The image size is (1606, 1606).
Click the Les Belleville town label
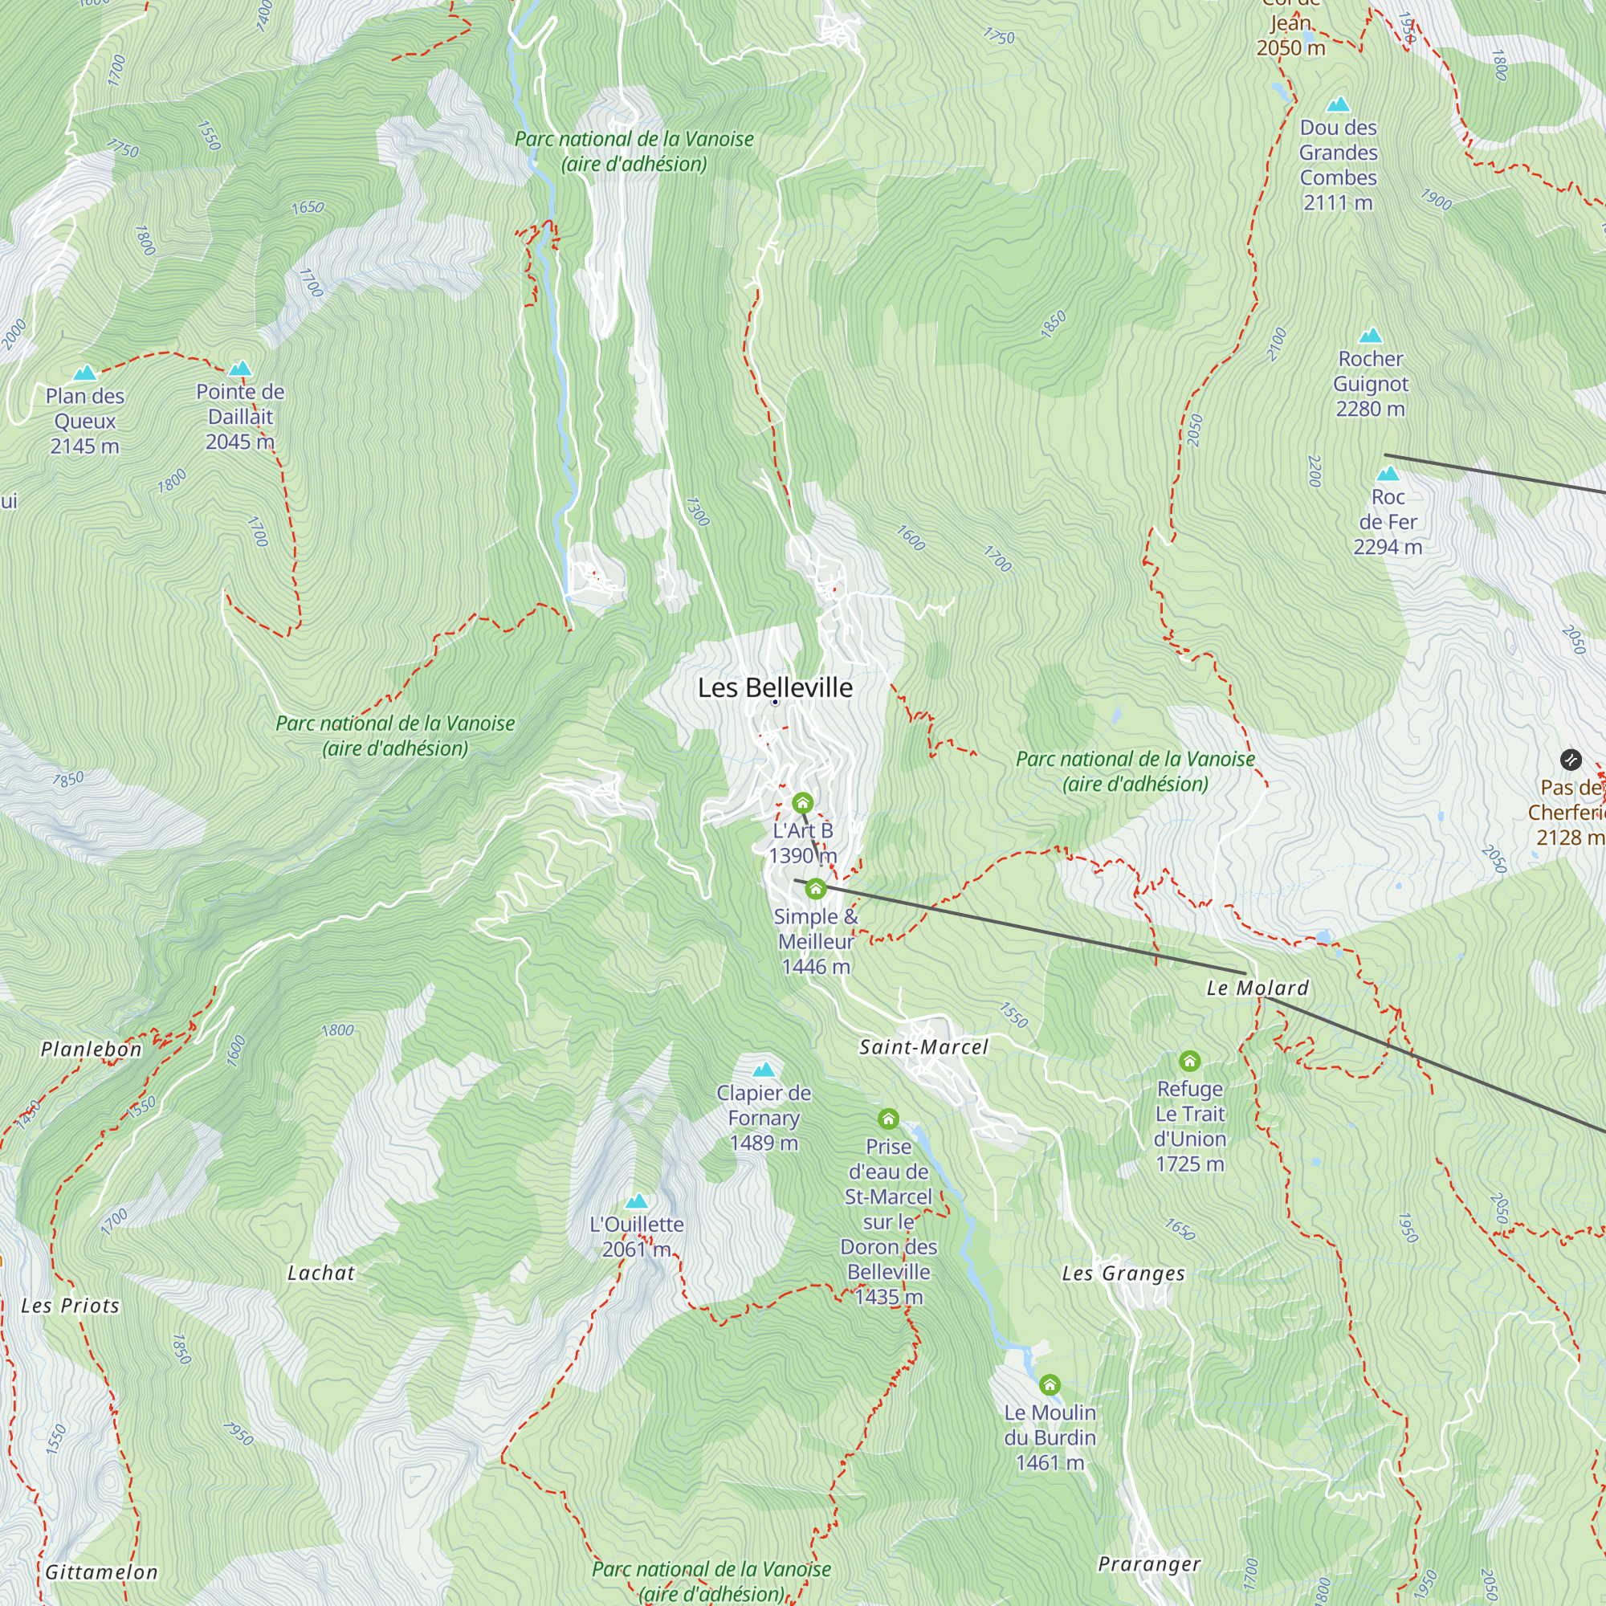pos(775,687)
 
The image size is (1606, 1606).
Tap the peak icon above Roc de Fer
pos(1388,474)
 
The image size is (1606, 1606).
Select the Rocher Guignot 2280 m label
pos(1370,383)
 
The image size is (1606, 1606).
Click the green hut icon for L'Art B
pos(802,803)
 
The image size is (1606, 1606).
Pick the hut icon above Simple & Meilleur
pos(816,890)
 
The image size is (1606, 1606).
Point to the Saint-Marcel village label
pos(923,1046)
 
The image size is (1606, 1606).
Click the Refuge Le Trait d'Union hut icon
pos(1189,1061)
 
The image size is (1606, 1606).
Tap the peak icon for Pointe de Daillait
pos(240,369)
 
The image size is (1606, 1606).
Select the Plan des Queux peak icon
pos(85,373)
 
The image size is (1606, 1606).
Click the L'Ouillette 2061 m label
pos(636,1236)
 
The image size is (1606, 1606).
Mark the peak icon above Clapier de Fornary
pos(763,1069)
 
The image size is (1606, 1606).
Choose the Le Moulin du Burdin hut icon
pos(1050,1385)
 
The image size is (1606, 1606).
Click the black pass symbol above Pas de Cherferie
pos(1570,759)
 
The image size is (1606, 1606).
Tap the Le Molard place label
pos(1257,988)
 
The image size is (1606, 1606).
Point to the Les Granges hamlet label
pos(1123,1273)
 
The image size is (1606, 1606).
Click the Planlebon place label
pos(92,1049)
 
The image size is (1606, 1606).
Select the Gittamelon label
pos(100,1572)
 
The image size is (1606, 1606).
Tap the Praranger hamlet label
pos(1149,1563)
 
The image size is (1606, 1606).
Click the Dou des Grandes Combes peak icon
pos(1338,104)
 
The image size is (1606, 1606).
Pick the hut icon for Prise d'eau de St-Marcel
pos(888,1119)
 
